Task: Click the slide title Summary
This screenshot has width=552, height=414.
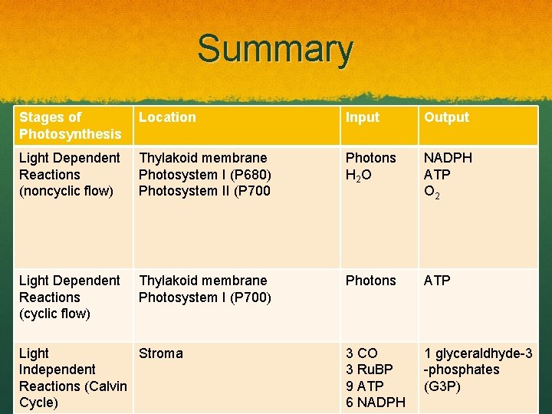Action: pyautogui.click(x=275, y=49)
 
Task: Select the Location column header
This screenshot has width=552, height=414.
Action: pyautogui.click(x=167, y=117)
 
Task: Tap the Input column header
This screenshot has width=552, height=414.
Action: pyautogui.click(x=362, y=117)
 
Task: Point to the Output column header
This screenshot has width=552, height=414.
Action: pyautogui.click(x=446, y=117)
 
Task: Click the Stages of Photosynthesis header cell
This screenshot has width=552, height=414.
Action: pyautogui.click(x=70, y=126)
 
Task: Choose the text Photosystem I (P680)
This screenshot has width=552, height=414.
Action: pyautogui.click(x=205, y=174)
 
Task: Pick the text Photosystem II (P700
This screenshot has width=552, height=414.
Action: pyautogui.click(x=204, y=191)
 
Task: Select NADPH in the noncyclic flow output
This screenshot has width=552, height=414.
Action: pyautogui.click(x=449, y=158)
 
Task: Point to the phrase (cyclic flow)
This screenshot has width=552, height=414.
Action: pyautogui.click(x=54, y=314)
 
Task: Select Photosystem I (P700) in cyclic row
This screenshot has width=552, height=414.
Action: pyautogui.click(x=205, y=297)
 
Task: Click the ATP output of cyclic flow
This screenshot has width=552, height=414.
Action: pyautogui.click(x=438, y=281)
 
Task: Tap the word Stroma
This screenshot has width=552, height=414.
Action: pyautogui.click(x=160, y=353)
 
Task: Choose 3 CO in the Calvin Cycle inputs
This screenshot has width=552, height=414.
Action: pyautogui.click(x=361, y=353)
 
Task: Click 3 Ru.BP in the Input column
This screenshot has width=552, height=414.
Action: pyautogui.click(x=369, y=370)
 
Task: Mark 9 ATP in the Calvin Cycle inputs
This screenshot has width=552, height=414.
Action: pyautogui.click(x=364, y=386)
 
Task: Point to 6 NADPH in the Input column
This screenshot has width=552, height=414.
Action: pyautogui.click(x=375, y=402)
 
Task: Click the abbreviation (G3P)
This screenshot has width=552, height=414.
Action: pyautogui.click(x=442, y=386)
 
